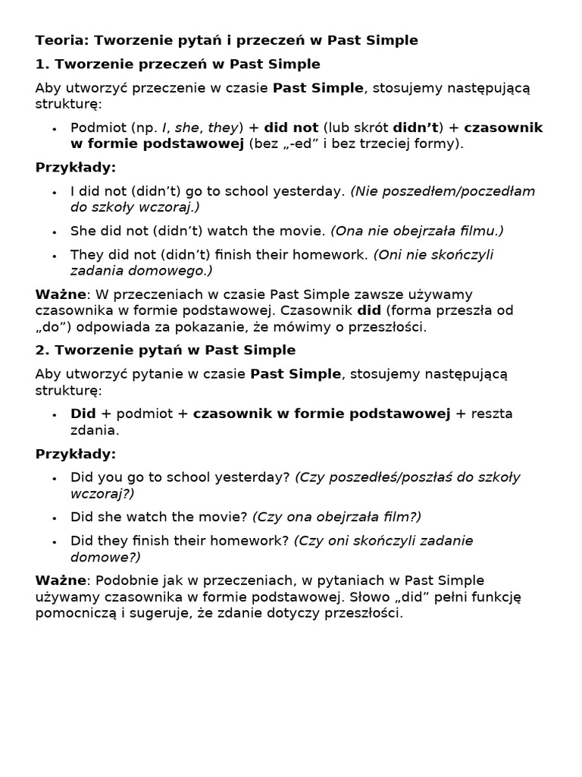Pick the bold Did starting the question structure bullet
83,414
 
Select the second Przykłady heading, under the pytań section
76,454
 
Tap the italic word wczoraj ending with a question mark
102,493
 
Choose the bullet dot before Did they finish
55,542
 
